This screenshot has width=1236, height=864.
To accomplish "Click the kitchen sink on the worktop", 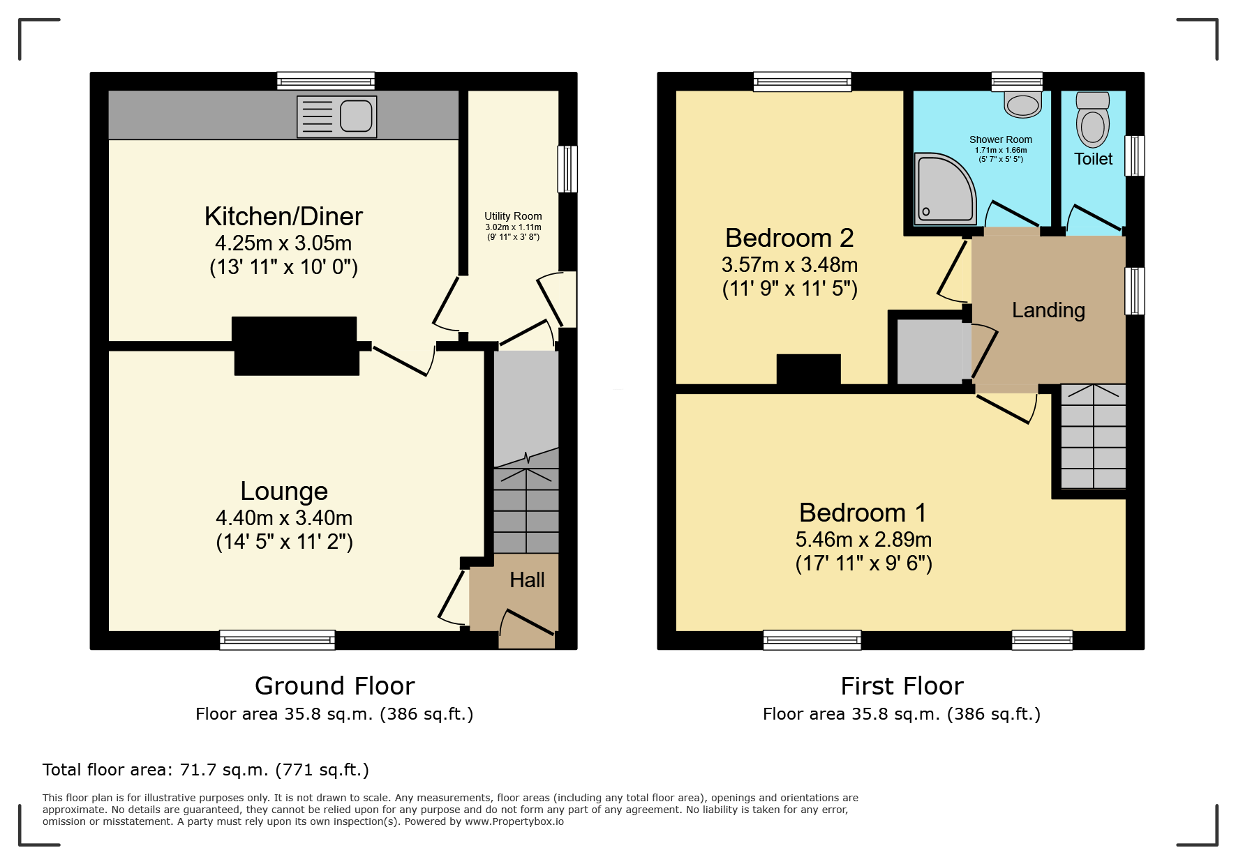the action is pos(337,116).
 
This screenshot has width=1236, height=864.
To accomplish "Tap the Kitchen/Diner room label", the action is pos(283,216).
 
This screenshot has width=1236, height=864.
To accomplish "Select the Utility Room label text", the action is pos(513,216).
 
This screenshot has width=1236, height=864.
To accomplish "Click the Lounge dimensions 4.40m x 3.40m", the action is pos(284,517).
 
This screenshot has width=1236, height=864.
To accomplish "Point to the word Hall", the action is pos(527,580).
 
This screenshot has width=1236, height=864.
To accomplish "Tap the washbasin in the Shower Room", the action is pos(1023,104).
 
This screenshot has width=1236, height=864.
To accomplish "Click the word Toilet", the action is pos(1094,159).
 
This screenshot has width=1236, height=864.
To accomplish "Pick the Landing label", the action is pos(1048,310).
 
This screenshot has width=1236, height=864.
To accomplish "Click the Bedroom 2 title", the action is pos(789,238).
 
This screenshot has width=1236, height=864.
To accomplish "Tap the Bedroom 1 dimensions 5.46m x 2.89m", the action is pos(863,539).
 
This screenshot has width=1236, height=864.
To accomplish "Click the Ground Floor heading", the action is pos(335,686).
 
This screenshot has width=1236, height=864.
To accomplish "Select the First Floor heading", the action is pos(902,686).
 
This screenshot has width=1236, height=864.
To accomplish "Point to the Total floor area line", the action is pos(206,770).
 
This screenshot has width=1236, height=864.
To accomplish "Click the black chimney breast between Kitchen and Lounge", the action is pos(295,346).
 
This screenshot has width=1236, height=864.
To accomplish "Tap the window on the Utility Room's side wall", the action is pos(567,169).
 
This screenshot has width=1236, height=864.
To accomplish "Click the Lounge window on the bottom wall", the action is pos(277,639).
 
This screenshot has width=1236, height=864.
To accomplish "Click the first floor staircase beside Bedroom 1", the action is pos(1093,437).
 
